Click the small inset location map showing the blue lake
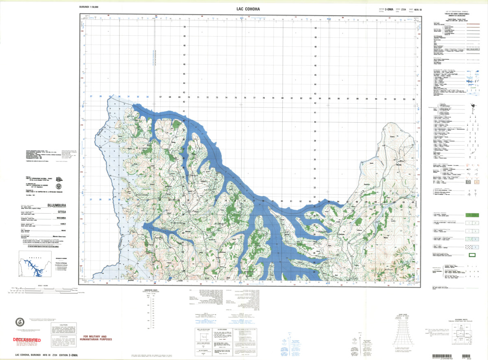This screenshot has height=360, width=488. click(x=35, y=268)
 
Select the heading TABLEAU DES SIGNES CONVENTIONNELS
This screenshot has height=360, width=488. click(x=449, y=15)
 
